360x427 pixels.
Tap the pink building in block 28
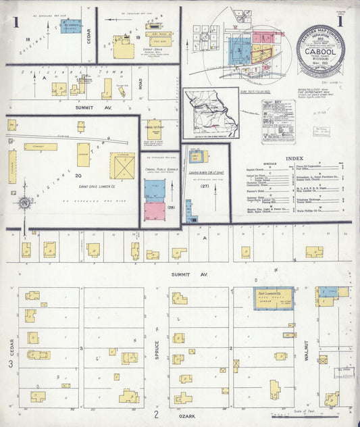(x=155, y=211)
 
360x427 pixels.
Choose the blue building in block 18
(x=70, y=26)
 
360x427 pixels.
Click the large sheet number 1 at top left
(x=15, y=23)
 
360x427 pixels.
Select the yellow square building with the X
(x=122, y=166)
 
